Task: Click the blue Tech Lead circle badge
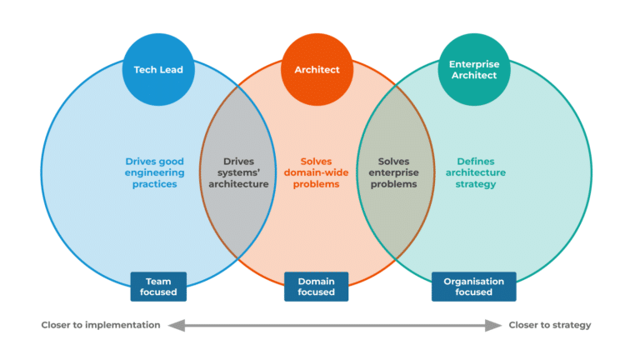point(157,70)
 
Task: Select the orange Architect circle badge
point(317,70)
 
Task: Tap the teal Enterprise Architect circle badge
point(473,70)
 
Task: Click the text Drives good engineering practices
point(155,172)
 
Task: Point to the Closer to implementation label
point(101,325)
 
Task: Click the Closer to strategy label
point(550,325)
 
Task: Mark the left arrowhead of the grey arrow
point(172,325)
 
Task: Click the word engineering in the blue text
point(155,172)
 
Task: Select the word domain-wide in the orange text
point(317,172)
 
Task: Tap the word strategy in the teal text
point(477,184)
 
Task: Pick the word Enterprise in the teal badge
point(473,64)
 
